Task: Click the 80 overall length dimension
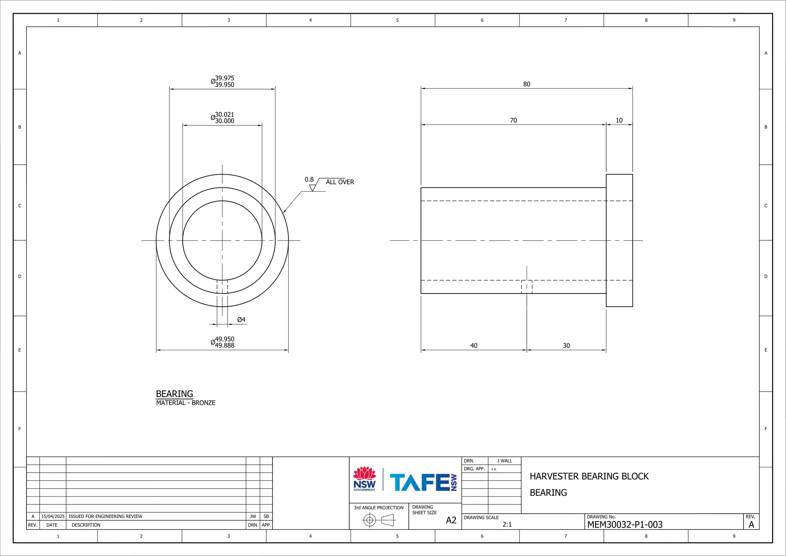tap(527, 84)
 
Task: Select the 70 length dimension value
tap(514, 121)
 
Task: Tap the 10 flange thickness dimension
tap(619, 121)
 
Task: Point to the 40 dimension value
tap(474, 345)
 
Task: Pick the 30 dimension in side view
tap(566, 345)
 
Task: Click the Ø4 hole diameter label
tap(241, 320)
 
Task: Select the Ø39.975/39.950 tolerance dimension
tap(223, 81)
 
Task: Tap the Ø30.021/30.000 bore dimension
tap(223, 117)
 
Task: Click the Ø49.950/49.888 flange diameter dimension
tap(223, 342)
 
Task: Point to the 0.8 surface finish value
tap(309, 180)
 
